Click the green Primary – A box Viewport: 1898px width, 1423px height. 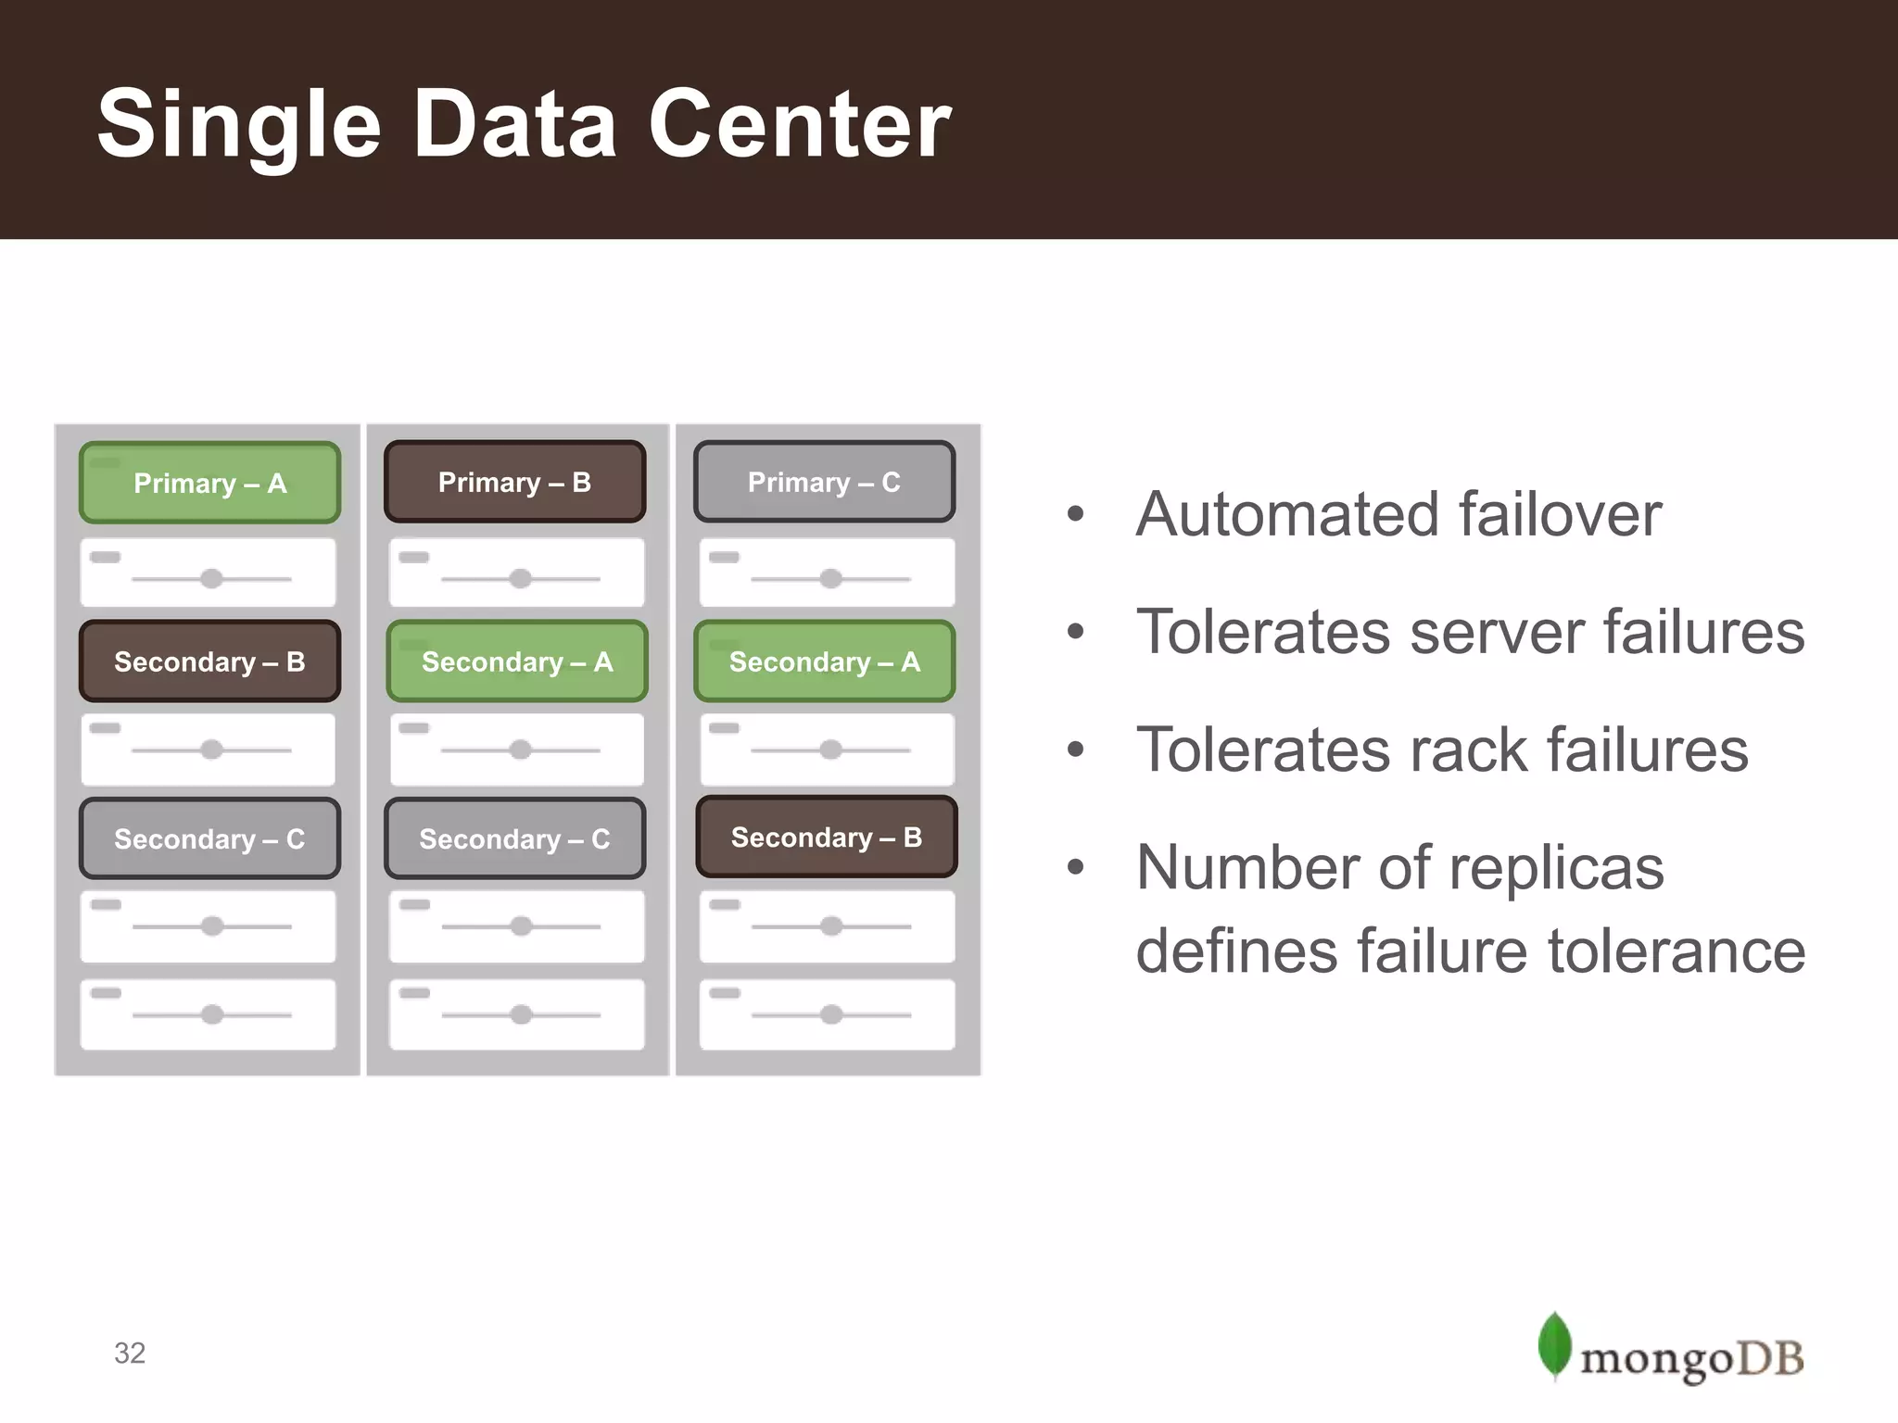[209, 483]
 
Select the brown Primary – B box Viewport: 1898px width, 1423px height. [514, 482]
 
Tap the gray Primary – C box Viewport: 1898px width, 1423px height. [824, 482]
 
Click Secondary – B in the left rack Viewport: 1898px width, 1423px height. [209, 661]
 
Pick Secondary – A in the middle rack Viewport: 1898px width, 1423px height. [516, 661]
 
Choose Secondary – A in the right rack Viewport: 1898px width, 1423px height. [824, 661]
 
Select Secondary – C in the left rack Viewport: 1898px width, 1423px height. [209, 838]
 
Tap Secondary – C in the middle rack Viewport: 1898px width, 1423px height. [514, 838]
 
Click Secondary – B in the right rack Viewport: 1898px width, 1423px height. [826, 837]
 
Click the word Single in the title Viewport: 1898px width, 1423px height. [239, 125]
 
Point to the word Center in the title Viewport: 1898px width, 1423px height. [799, 125]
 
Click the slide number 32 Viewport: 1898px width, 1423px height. [130, 1353]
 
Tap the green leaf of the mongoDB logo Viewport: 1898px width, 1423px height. [1554, 1344]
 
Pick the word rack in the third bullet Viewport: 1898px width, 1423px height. [1471, 749]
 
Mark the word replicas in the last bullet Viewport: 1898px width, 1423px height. [1556, 868]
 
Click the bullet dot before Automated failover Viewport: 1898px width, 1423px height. [1075, 514]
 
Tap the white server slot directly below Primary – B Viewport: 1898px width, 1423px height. [516, 573]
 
